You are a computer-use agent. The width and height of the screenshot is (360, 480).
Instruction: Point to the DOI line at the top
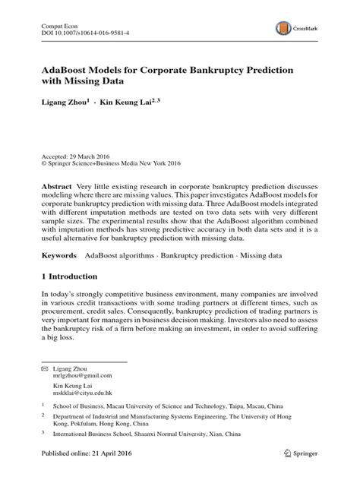coord(85,34)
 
